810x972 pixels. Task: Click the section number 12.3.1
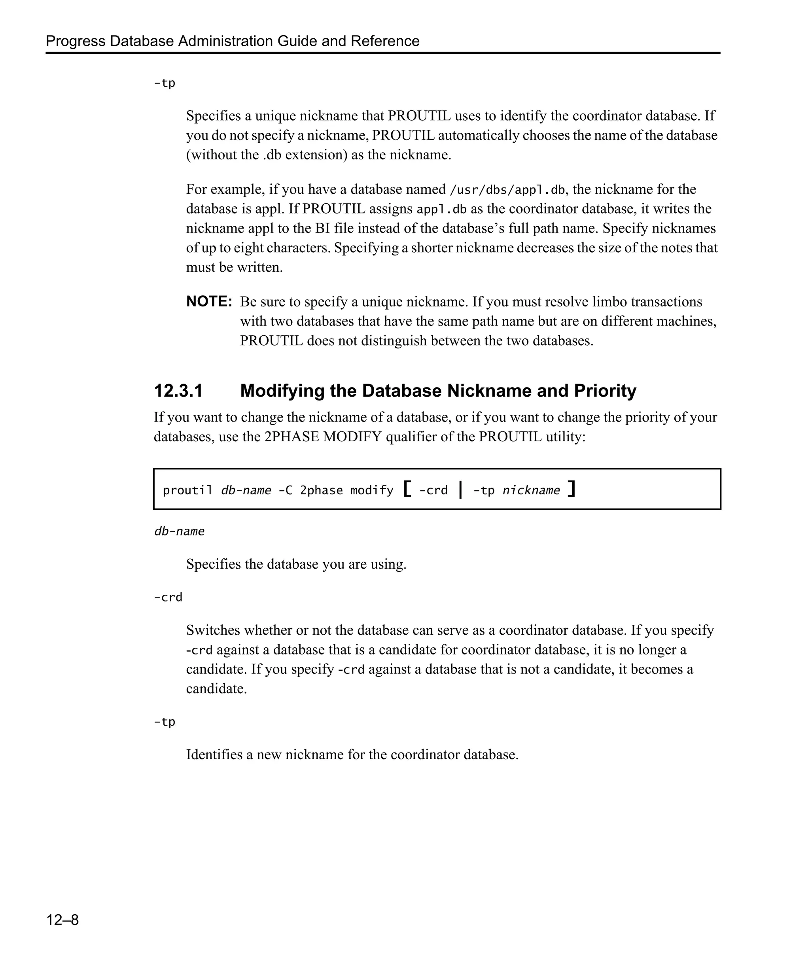178,391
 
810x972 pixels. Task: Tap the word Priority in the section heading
605,391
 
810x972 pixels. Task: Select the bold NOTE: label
209,302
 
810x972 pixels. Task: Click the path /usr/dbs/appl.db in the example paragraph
507,190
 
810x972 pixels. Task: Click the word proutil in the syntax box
187,490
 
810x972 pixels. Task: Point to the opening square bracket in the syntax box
407,489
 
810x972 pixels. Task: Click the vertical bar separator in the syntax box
460,489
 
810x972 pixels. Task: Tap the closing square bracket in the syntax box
572,489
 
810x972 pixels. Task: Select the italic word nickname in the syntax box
531,490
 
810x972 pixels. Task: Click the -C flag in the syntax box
286,490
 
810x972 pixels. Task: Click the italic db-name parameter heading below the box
179,531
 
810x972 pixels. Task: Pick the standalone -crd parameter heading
168,598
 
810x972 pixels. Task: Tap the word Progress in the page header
76,41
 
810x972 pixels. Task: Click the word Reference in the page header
385,41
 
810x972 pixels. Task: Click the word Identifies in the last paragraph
214,755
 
